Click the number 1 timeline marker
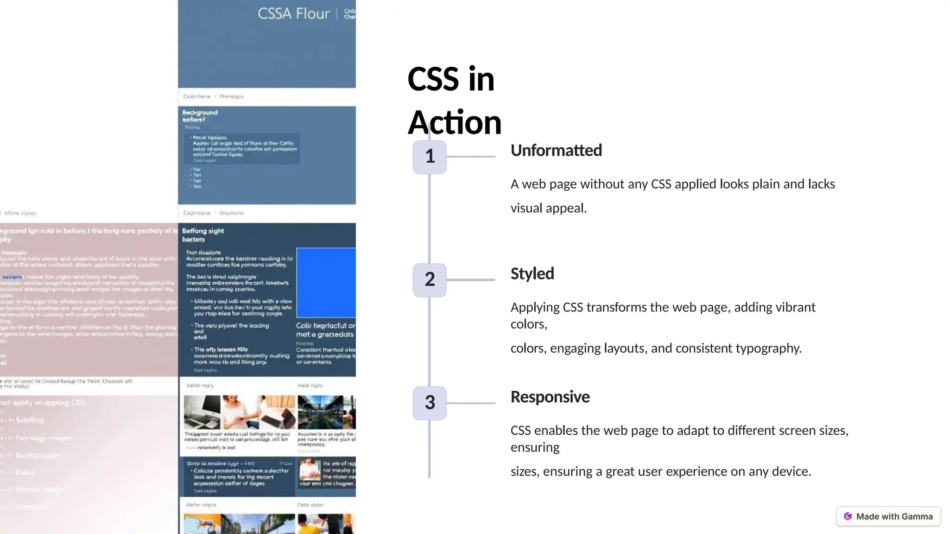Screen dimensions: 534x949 [430, 157]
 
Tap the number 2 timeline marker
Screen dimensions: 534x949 [430, 280]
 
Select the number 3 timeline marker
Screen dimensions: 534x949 [430, 403]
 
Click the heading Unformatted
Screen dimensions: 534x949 [556, 151]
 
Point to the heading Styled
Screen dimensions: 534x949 [532, 274]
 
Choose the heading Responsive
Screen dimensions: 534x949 [550, 397]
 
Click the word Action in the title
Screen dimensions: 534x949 [454, 123]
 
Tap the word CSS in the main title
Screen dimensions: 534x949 [433, 79]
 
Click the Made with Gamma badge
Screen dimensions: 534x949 [888, 516]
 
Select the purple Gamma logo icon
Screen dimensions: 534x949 [848, 516]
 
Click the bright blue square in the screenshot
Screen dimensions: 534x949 [326, 283]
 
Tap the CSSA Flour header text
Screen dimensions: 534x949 [293, 14]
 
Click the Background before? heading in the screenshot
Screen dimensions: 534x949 [200, 116]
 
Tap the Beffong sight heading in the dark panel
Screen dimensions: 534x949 [203, 231]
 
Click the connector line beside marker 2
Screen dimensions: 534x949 [471, 280]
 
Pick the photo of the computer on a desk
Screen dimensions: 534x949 [202, 412]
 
